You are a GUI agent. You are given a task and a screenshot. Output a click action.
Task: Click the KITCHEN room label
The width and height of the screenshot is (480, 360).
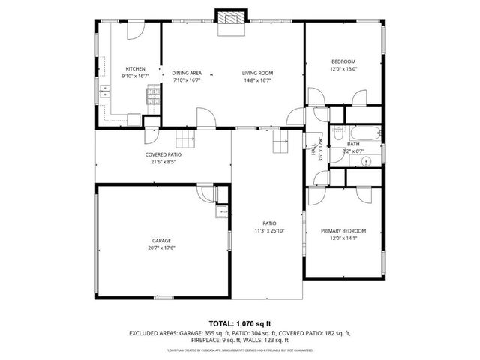[x=135, y=68]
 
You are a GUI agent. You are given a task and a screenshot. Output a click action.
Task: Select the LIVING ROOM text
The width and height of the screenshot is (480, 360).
[x=256, y=73]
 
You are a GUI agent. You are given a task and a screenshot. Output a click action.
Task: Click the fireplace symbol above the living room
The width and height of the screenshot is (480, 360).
[x=230, y=19]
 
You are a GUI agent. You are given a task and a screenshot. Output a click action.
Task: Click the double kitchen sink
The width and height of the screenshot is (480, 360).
[x=105, y=92]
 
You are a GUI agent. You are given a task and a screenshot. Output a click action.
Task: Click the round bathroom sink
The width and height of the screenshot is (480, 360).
[x=367, y=160]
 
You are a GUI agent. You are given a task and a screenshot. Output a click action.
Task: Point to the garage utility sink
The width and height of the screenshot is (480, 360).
[x=221, y=212]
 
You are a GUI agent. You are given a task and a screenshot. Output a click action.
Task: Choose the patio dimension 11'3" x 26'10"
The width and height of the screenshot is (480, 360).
[x=269, y=232]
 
